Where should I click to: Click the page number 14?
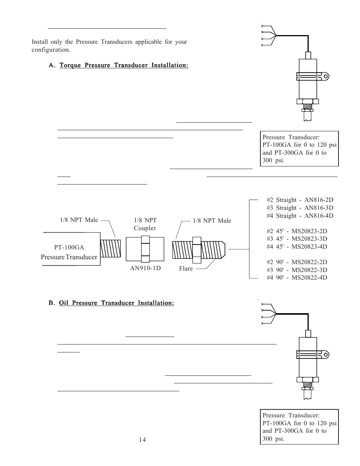(x=142, y=440)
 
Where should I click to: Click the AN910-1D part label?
(x=145, y=268)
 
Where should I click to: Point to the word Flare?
(x=186, y=269)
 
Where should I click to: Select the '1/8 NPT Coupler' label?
(x=145, y=224)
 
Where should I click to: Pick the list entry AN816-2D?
(x=300, y=200)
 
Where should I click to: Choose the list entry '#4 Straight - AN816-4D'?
(x=300, y=215)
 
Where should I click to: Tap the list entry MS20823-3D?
(x=300, y=238)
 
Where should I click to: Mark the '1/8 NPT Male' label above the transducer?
(x=79, y=220)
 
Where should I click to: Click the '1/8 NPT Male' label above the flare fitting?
(x=212, y=221)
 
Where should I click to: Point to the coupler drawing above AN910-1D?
(x=145, y=249)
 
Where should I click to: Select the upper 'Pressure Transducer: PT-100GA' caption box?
(x=299, y=149)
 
